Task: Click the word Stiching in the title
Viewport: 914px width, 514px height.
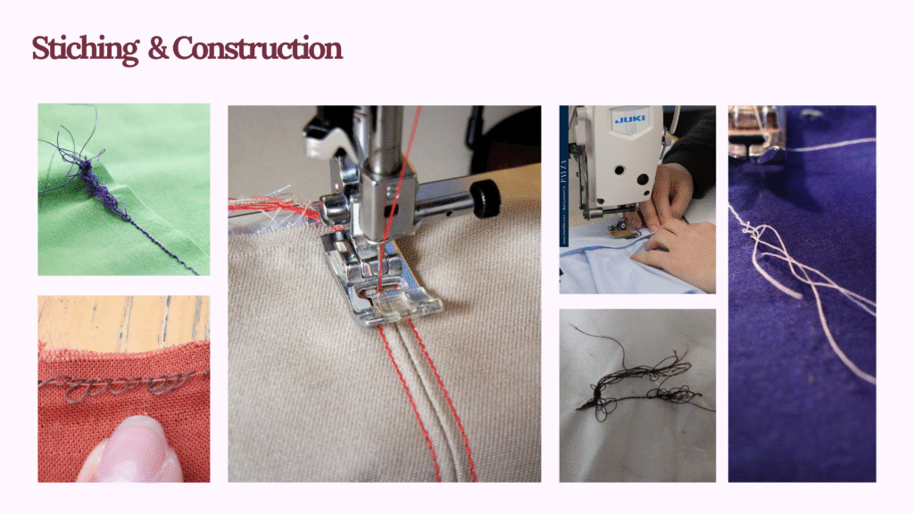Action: (85, 49)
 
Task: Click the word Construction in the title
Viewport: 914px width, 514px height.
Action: (258, 48)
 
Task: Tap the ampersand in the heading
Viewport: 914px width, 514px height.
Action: (157, 49)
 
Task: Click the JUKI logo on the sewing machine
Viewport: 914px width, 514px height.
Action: (630, 119)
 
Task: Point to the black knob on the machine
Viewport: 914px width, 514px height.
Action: (486, 199)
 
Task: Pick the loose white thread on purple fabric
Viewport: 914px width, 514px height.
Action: (804, 279)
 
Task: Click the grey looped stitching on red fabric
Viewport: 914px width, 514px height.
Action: (117, 385)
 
